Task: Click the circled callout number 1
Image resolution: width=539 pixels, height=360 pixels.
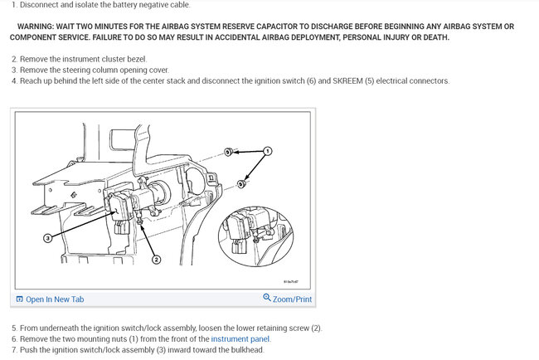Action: pos(268,151)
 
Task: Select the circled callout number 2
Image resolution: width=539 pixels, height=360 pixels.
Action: pos(157,260)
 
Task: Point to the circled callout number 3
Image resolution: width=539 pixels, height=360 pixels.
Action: pos(48,237)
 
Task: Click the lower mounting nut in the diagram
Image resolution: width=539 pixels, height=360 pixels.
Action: pos(241,184)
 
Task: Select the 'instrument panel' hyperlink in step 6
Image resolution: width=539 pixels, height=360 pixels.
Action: pos(240,339)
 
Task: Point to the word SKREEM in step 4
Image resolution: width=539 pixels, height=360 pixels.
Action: pos(347,80)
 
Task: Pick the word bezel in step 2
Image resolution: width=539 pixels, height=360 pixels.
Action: pos(137,59)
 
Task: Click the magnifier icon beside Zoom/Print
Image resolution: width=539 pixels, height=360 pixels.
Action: pos(267,298)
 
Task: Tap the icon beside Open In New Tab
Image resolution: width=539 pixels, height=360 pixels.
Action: pos(20,299)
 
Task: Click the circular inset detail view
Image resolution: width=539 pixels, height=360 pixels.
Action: pos(255,237)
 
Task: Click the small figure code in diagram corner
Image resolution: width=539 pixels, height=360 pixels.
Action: pos(291,281)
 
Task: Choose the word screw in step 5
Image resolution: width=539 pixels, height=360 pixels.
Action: pos(299,328)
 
